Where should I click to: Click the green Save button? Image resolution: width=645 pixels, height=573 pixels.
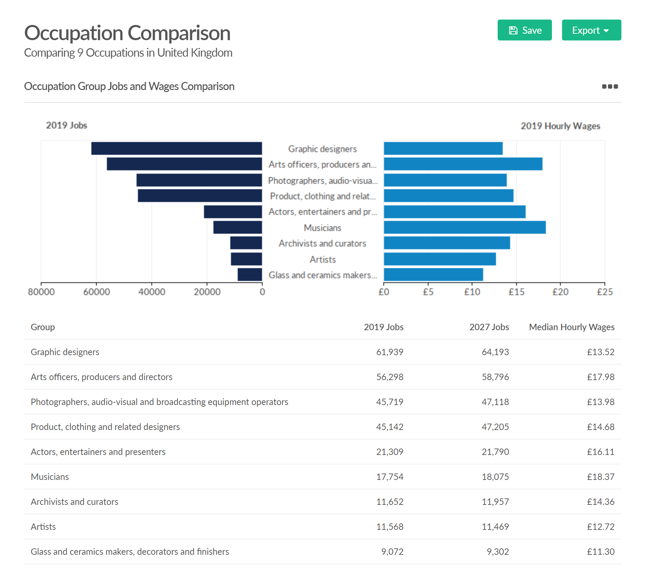(x=524, y=30)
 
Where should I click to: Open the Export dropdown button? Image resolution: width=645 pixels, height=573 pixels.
(x=591, y=30)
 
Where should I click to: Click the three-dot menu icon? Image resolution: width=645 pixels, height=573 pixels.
(x=610, y=87)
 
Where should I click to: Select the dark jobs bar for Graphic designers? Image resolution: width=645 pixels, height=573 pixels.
(x=176, y=148)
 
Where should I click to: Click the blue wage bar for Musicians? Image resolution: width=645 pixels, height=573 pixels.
(x=465, y=227)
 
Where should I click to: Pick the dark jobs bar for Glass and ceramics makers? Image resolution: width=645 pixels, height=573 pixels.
(x=250, y=275)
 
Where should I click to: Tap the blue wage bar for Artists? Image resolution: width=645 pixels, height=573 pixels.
(x=440, y=259)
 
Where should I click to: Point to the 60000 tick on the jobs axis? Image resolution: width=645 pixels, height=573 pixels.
(x=96, y=292)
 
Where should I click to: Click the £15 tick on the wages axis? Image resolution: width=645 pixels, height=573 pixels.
(x=516, y=292)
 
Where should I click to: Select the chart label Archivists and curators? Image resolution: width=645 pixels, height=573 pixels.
(x=322, y=243)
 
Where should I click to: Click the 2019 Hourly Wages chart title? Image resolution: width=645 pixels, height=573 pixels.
(x=560, y=126)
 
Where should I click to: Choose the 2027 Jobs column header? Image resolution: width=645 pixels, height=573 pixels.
(x=489, y=327)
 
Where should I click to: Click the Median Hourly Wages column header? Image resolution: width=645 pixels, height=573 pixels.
(x=571, y=327)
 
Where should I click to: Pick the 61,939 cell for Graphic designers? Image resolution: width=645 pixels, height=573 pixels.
(x=389, y=352)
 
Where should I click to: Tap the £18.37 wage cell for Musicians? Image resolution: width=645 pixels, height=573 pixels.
(x=600, y=477)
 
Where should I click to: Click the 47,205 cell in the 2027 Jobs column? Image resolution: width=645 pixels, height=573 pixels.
(x=495, y=427)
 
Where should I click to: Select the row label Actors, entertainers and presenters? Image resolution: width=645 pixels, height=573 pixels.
(x=98, y=452)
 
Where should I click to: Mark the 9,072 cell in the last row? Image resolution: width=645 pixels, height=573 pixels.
(x=392, y=552)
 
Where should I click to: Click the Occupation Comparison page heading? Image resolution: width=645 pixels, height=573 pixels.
(x=127, y=33)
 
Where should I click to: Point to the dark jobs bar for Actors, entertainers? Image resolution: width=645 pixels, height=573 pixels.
(x=233, y=212)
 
